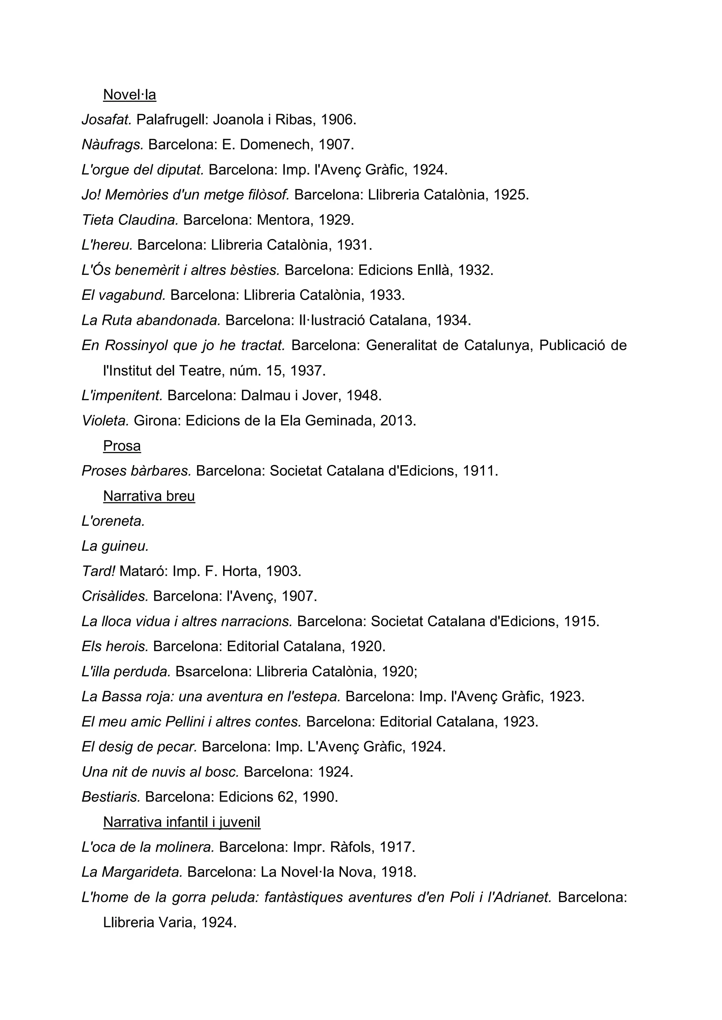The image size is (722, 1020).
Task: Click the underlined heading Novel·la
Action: tap(129, 95)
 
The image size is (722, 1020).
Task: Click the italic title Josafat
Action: tap(107, 119)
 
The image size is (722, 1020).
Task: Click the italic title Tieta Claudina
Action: tap(130, 220)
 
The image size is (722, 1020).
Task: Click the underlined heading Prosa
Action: tap(122, 446)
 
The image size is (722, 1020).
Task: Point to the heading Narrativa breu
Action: tap(149, 496)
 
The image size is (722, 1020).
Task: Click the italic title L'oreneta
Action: tap(114, 521)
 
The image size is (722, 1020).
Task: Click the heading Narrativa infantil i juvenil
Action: tap(182, 822)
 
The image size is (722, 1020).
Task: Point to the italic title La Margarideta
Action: tap(132, 872)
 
